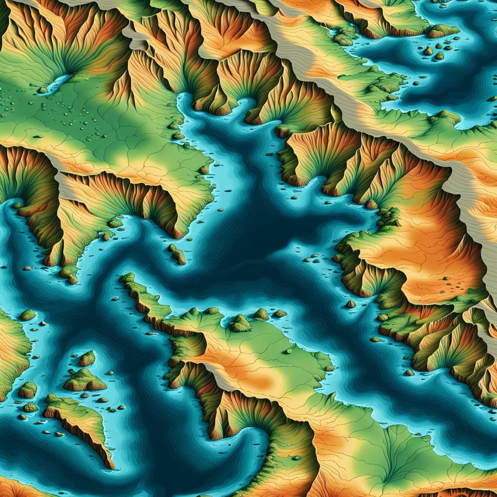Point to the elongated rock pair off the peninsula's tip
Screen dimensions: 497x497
coord(178,254)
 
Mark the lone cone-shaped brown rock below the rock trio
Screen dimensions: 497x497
coord(350,304)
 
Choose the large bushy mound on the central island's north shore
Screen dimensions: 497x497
coord(240,323)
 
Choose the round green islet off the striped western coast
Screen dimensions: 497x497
coord(28,315)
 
